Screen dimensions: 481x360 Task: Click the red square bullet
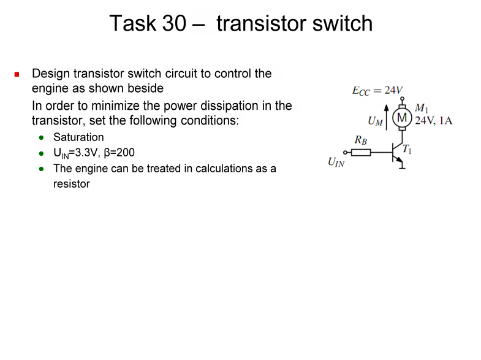[17, 74]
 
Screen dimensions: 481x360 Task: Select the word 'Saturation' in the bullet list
[78, 137]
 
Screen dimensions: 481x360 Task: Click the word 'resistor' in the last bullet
[72, 183]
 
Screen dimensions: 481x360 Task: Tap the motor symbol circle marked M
[402, 117]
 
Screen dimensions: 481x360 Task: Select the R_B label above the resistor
[361, 141]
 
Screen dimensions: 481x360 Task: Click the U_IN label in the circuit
[336, 163]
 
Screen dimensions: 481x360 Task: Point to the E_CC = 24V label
[377, 91]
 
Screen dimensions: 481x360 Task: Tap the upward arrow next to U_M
[387, 117]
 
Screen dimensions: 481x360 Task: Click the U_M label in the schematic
[375, 122]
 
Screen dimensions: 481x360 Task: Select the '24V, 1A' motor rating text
[434, 120]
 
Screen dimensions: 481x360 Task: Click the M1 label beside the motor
[422, 109]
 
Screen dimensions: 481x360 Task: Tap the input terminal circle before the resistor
[345, 152]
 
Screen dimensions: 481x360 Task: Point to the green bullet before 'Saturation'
[40, 137]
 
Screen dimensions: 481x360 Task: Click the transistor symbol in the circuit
[398, 153]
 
